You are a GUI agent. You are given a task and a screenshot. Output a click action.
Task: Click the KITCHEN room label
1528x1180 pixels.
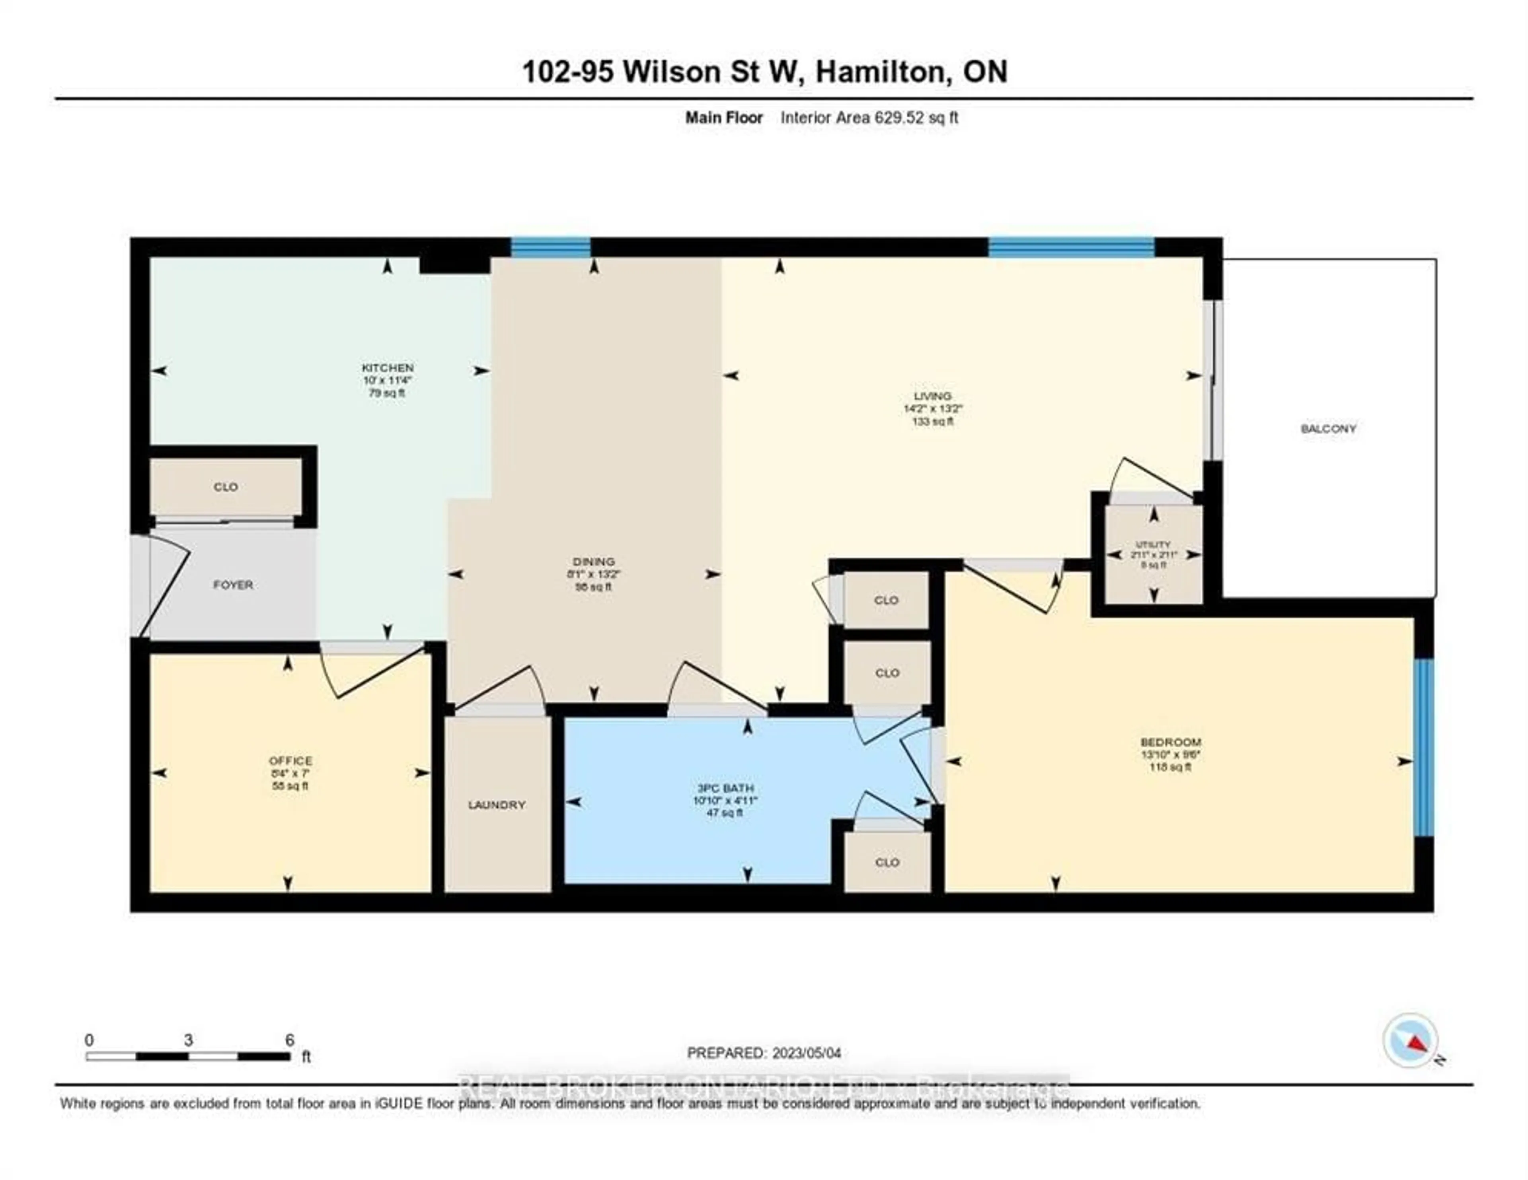[387, 367]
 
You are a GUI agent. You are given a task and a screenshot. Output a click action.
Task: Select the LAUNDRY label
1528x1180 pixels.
[497, 805]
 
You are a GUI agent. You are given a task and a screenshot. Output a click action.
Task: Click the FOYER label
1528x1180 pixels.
[233, 584]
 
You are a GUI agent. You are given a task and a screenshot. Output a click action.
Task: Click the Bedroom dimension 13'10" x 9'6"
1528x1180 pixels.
[1171, 754]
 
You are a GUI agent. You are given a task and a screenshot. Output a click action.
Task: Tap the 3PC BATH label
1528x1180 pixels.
[724, 787]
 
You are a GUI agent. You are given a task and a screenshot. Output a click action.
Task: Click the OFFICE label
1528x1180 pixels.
[290, 760]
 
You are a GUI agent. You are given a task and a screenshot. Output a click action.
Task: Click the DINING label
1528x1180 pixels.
[593, 561]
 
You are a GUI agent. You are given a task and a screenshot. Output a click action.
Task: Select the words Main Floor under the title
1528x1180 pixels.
[723, 117]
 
